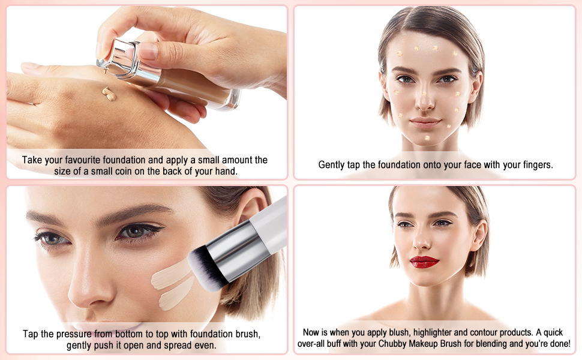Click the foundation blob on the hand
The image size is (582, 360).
(109, 93)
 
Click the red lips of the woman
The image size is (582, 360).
(424, 262)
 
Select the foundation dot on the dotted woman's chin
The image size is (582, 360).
(427, 138)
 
